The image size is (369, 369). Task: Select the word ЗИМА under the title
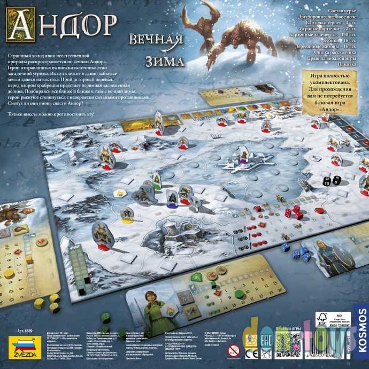click(162, 60)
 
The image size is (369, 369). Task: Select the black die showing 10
click(327, 182)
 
